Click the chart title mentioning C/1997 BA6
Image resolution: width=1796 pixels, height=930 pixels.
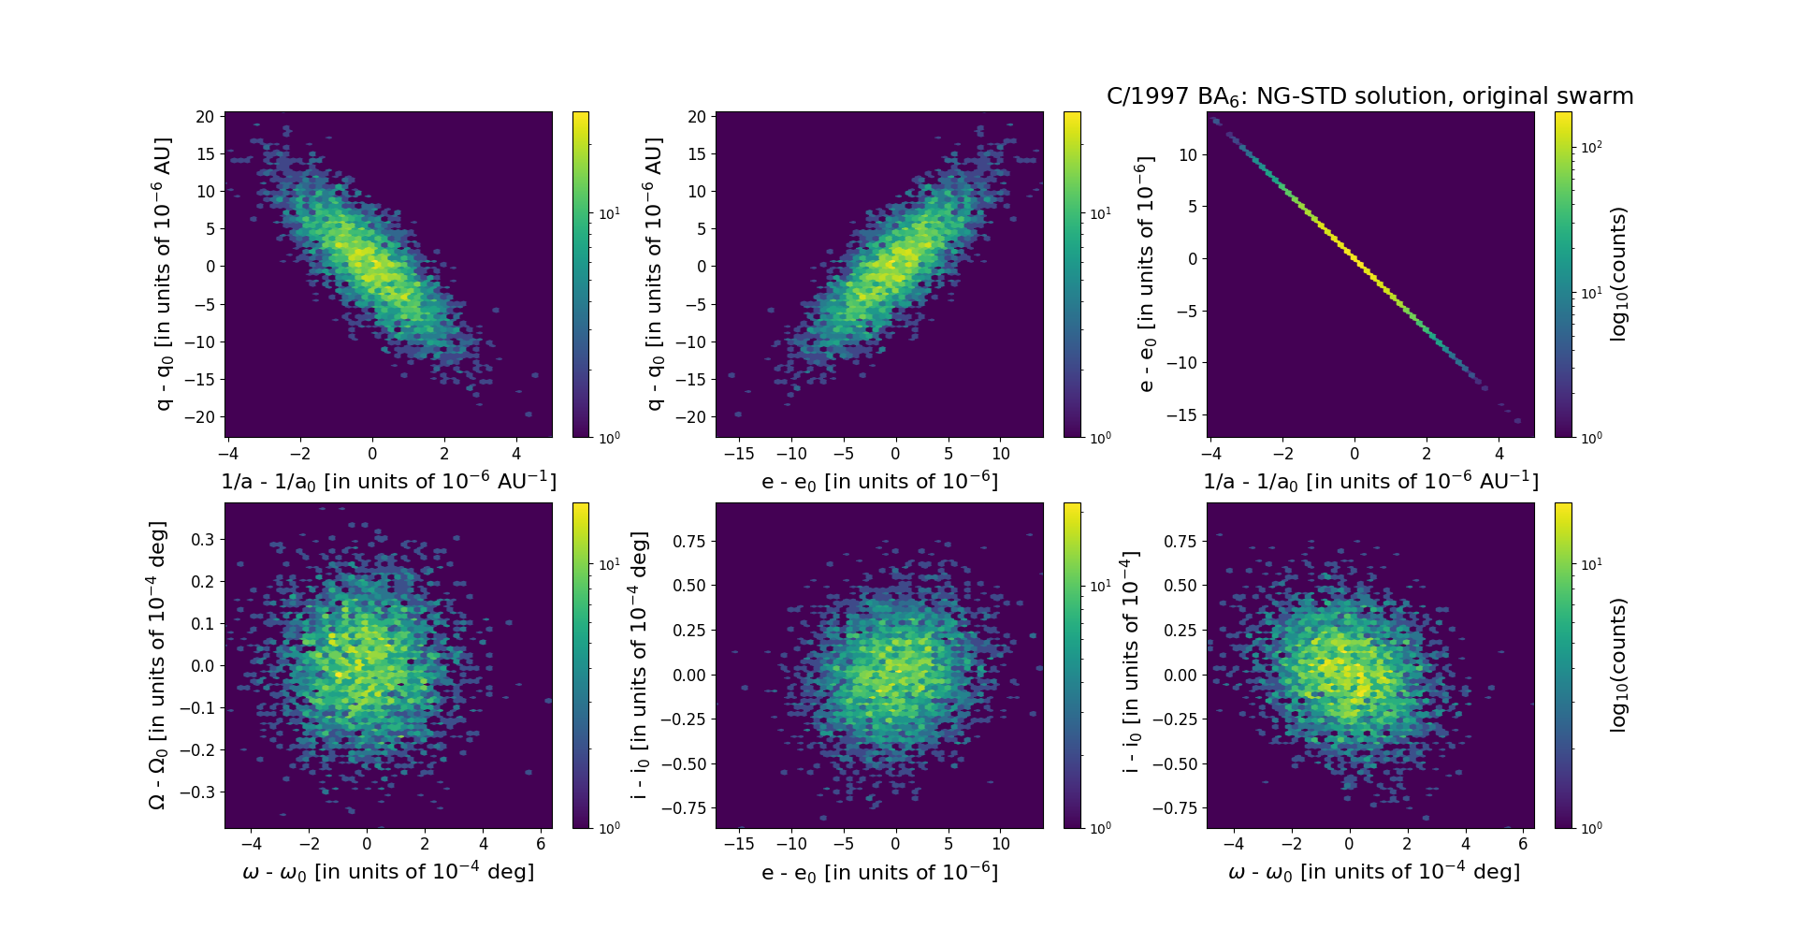[x=1369, y=96]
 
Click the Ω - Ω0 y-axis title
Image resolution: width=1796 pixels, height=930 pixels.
[x=158, y=665]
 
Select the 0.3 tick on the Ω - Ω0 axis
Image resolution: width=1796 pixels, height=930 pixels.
[x=203, y=539]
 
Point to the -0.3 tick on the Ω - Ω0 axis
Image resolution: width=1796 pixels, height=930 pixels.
[x=199, y=792]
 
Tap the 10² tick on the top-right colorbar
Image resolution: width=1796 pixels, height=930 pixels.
[x=1589, y=147]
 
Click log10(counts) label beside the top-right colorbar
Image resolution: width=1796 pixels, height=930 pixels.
[x=1619, y=274]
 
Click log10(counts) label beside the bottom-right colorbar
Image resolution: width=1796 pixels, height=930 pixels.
[x=1619, y=665]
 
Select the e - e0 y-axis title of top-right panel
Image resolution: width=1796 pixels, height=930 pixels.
[x=1145, y=274]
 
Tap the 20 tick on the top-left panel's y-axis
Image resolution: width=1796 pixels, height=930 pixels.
[x=205, y=117]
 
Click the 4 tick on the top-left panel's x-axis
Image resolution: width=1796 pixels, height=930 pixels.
[x=516, y=454]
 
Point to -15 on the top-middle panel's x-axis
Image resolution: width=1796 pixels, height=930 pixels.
[x=739, y=454]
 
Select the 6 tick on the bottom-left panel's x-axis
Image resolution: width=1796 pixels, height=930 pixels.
[x=541, y=844]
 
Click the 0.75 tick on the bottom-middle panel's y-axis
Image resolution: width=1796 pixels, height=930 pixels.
[x=689, y=541]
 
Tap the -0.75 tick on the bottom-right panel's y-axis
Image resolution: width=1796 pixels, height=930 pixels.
[x=1177, y=807]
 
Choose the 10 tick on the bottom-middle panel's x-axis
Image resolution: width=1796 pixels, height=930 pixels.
[x=1000, y=844]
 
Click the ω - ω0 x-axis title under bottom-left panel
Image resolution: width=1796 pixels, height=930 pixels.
[x=388, y=872]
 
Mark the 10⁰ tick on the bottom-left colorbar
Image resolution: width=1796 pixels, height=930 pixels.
[x=608, y=828]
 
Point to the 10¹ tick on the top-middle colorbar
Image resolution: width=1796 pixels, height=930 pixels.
[x=1100, y=214]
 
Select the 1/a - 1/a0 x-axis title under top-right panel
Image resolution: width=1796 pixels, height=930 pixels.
[x=1370, y=481]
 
